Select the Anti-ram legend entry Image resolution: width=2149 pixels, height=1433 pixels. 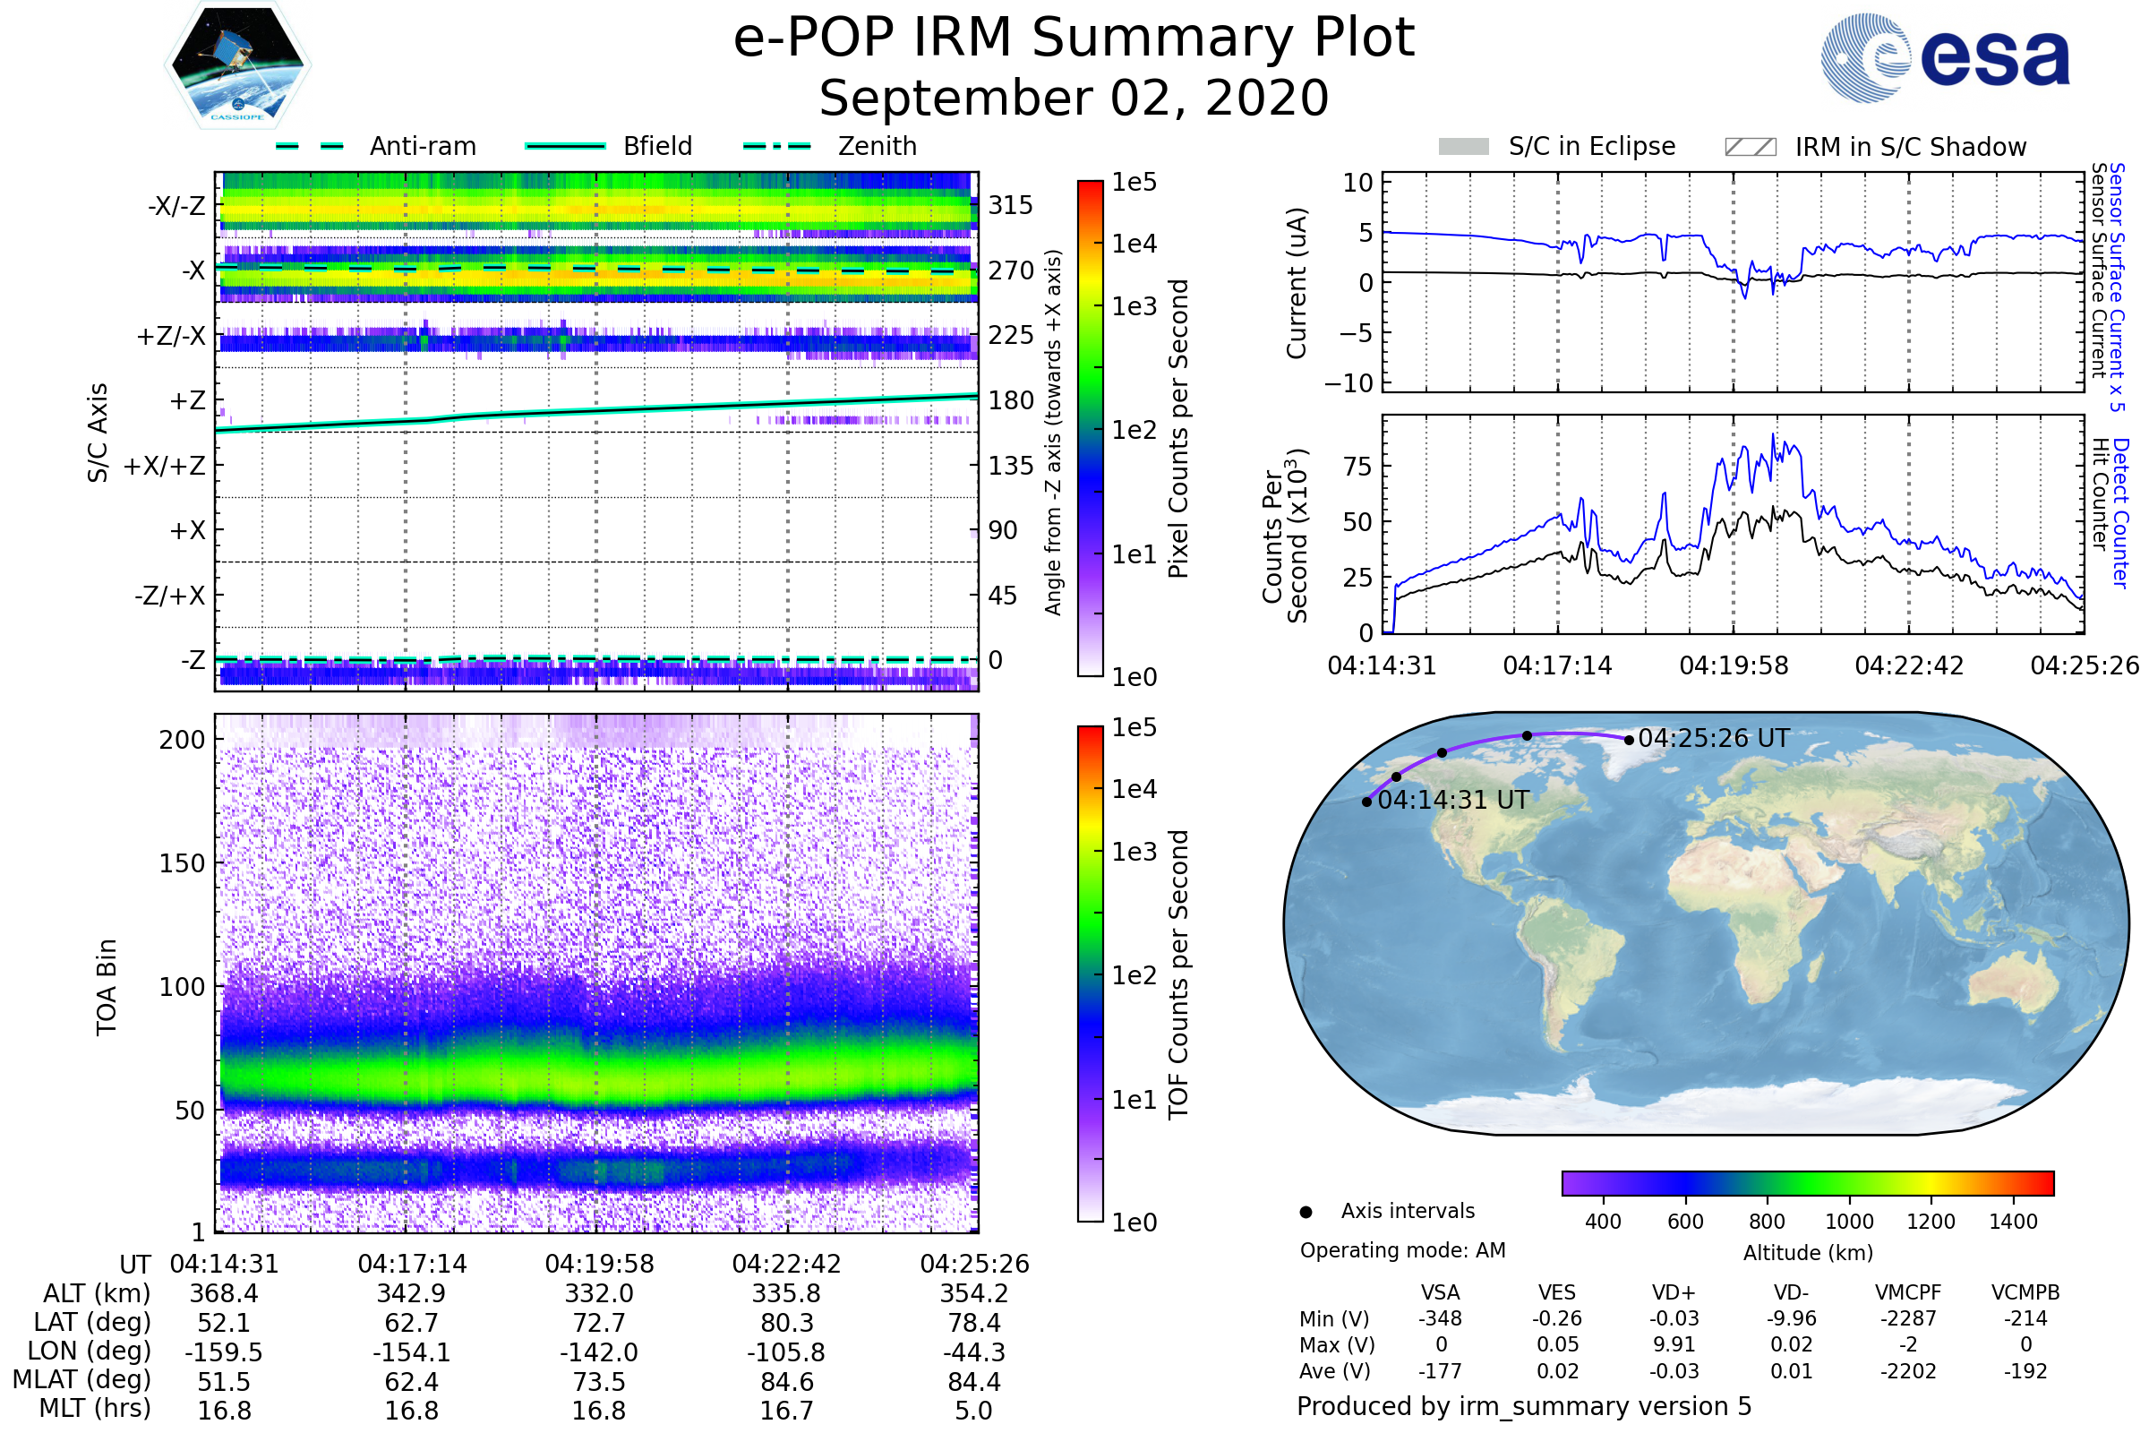(375, 146)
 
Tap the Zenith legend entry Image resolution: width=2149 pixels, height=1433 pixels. (830, 146)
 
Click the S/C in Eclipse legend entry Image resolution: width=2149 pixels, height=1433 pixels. (1557, 147)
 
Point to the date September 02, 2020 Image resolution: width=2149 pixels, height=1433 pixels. (1074, 99)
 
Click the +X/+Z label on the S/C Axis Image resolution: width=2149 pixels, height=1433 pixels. (165, 466)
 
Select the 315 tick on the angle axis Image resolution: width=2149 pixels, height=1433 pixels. (1011, 205)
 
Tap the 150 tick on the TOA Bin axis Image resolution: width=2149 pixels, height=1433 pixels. (182, 863)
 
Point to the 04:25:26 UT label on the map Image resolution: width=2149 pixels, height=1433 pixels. (1714, 738)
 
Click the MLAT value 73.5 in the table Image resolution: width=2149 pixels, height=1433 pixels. (598, 1382)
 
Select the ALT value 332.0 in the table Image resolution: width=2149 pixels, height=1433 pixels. (598, 1294)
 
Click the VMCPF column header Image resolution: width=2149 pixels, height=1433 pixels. (1908, 1293)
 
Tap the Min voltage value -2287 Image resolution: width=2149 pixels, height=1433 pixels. (1908, 1318)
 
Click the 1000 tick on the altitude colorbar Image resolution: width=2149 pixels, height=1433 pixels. (1849, 1222)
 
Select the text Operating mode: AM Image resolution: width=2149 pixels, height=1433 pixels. (1402, 1250)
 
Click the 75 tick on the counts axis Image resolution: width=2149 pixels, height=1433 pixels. (1357, 467)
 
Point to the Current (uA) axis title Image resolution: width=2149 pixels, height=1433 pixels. (1297, 283)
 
